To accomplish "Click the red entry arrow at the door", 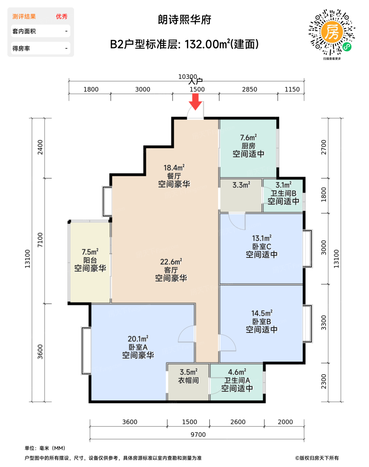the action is click(x=196, y=101).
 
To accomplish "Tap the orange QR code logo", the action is click(x=332, y=32).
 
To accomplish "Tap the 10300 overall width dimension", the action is click(x=188, y=77).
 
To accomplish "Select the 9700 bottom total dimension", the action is click(x=198, y=435).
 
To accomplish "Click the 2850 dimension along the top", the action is click(x=250, y=89).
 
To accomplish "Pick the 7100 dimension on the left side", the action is click(x=40, y=240).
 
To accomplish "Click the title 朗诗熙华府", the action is click(x=184, y=20).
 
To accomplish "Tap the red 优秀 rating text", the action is click(x=62, y=16).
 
